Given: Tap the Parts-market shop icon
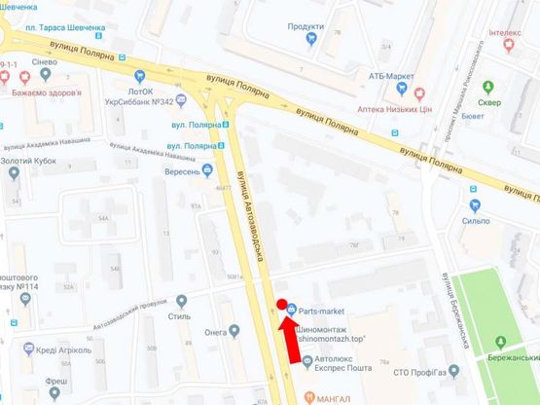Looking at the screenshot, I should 292,312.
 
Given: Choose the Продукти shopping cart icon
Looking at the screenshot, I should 311,39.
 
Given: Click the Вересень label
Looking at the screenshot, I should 181,171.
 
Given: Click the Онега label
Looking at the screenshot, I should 215,332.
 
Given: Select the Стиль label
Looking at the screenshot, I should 179,316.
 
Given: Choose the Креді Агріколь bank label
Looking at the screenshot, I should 64,349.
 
